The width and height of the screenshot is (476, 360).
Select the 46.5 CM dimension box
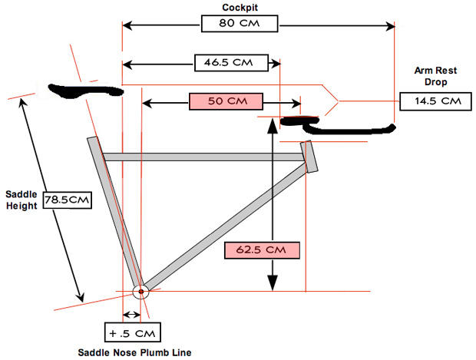233,61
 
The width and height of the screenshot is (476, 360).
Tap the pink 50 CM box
226,101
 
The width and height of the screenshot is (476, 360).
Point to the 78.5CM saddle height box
68,200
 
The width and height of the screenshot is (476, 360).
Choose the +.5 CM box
133,333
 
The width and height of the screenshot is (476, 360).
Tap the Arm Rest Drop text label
430,75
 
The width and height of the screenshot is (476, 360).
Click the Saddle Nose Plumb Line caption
134,352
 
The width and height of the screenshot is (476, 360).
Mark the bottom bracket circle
140,292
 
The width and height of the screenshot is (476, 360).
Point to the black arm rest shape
338,125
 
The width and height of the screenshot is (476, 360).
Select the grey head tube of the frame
309,156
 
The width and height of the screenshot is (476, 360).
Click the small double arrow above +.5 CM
132,315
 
